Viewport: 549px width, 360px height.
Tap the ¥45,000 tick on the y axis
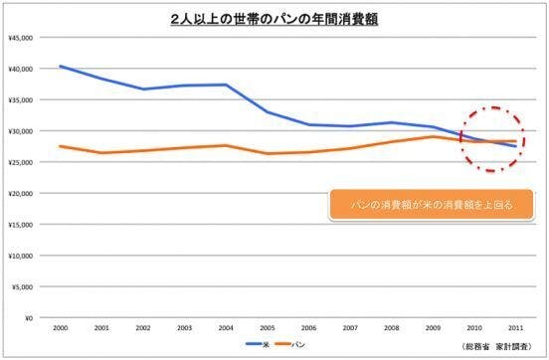click(x=21, y=37)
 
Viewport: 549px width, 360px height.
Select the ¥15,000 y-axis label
click(x=21, y=225)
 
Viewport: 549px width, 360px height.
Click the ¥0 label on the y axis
click(x=29, y=318)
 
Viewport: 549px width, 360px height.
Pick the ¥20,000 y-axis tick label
click(x=21, y=193)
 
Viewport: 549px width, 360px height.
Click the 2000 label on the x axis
click(x=61, y=329)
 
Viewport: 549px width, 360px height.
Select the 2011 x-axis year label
click(x=515, y=329)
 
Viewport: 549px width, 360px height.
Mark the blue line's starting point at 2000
click(x=61, y=66)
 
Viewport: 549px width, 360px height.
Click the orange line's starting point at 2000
click(x=61, y=146)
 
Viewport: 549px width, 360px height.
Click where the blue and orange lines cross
click(x=485, y=142)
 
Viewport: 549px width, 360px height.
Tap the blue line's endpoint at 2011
click(x=515, y=146)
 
